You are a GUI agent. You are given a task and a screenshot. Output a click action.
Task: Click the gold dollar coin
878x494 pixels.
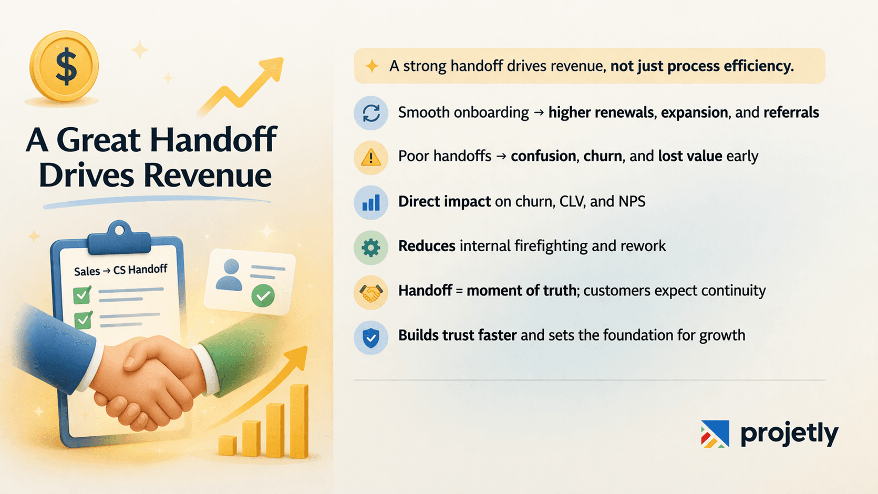(64, 66)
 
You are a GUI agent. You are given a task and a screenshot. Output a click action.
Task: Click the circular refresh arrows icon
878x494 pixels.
(371, 113)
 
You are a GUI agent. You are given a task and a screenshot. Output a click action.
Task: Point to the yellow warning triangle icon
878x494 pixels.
(371, 157)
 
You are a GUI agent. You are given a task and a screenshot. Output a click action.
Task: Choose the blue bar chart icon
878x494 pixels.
(371, 202)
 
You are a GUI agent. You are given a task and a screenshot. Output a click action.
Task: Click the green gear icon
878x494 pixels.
(371, 247)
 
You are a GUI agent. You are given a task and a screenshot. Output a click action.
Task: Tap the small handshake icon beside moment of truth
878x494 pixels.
(371, 292)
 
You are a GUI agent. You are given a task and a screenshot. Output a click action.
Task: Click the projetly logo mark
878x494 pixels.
(715, 434)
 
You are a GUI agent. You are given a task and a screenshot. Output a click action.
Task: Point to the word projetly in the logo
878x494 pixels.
(789, 434)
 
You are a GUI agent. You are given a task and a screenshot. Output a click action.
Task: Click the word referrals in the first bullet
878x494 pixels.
(791, 112)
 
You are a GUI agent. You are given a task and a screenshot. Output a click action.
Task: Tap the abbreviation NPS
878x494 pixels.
(631, 201)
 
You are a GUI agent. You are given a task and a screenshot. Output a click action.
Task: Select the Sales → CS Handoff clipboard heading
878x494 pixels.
(120, 271)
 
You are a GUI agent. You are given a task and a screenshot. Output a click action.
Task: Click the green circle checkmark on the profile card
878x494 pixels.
(263, 295)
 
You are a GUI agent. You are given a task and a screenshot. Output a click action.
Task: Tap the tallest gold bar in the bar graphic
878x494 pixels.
(299, 420)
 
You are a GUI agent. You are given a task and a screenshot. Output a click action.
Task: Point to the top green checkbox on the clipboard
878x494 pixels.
(82, 295)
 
